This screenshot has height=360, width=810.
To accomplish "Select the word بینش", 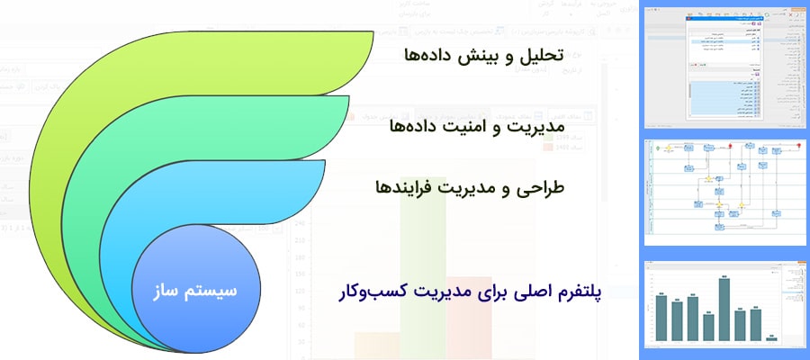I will pos(485,56).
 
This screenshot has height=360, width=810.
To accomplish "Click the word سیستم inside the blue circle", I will pos(217,290).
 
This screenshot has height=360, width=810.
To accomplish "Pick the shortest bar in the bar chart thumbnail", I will pos(771,338).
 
